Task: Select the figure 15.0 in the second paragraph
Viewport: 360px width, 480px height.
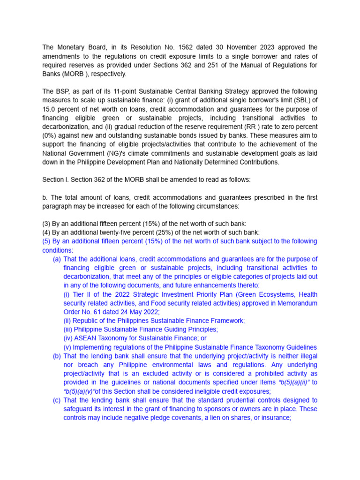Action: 50,109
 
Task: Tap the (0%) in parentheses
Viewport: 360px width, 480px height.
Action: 51,135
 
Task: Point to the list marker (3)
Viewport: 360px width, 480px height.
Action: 46,224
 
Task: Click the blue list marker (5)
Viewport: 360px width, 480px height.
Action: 46,241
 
